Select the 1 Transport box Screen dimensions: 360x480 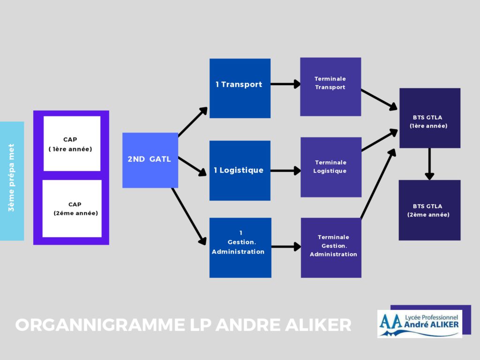pyautogui.click(x=240, y=88)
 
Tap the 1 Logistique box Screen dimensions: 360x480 pyautogui.click(x=240, y=171)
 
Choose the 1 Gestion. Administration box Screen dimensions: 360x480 pyautogui.click(x=240, y=247)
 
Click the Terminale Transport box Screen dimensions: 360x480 pyautogui.click(x=330, y=87)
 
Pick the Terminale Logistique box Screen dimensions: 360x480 pyautogui.click(x=331, y=167)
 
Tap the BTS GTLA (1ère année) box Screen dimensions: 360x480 pyautogui.click(x=429, y=118)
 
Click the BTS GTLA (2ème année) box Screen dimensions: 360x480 pyautogui.click(x=429, y=210)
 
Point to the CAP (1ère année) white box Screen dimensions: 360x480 pyautogui.click(x=72, y=143)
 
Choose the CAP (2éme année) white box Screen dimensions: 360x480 pyautogui.click(x=72, y=209)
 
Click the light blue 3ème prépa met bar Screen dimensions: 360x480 pyautogui.click(x=12, y=181)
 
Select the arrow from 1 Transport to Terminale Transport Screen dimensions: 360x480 pyautogui.click(x=285, y=84)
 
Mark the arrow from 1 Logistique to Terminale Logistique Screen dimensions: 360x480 pyautogui.click(x=285, y=171)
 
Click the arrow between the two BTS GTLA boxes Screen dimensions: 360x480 pyautogui.click(x=429, y=164)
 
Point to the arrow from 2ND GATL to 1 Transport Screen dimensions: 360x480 pyautogui.click(x=193, y=121)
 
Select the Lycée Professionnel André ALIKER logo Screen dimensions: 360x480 pyautogui.click(x=420, y=323)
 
